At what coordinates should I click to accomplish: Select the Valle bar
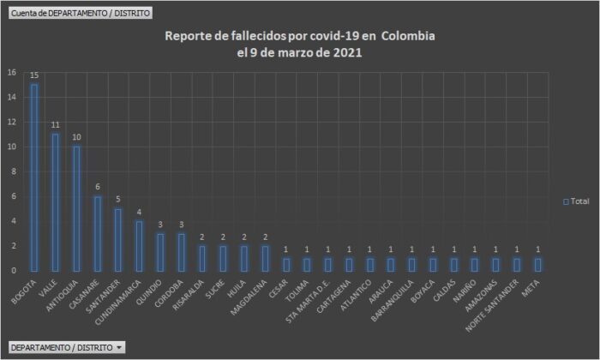(55, 201)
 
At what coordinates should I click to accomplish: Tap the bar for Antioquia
(75, 207)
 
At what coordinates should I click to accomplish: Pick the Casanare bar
(97, 232)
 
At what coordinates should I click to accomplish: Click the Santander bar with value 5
(117, 239)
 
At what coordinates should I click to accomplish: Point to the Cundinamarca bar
(139, 245)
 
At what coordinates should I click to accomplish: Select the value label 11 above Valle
(55, 125)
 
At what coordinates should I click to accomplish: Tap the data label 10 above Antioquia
(75, 137)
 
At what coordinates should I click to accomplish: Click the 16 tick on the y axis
(11, 72)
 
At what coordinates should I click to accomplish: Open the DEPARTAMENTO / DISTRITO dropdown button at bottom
(66, 347)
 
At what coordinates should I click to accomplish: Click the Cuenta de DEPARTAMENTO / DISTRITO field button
(69, 14)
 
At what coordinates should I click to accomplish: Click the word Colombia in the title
(408, 37)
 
